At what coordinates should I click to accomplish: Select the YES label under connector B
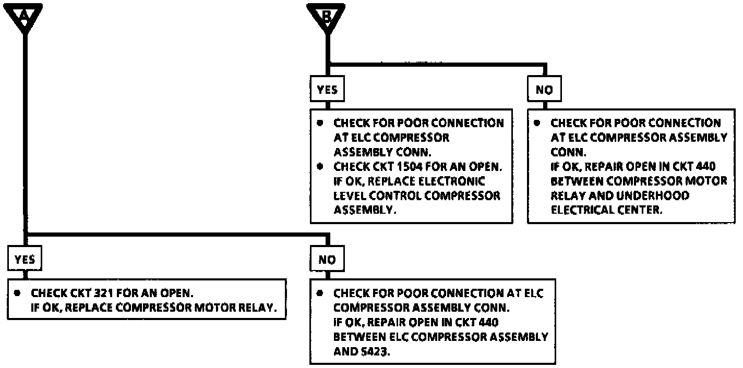[x=327, y=90]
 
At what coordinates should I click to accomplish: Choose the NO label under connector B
[x=544, y=90]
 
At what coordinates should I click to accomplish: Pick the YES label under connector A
[x=25, y=259]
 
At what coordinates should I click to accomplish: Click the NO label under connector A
[x=327, y=260]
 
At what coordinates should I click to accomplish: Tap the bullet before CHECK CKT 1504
[x=320, y=167]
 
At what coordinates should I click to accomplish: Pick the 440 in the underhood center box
[x=704, y=167]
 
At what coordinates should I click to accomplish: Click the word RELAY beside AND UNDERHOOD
[x=568, y=195]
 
